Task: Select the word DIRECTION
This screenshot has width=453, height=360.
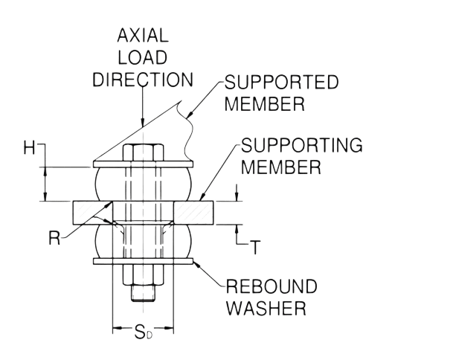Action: click(142, 80)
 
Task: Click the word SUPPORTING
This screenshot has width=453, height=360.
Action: click(302, 146)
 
